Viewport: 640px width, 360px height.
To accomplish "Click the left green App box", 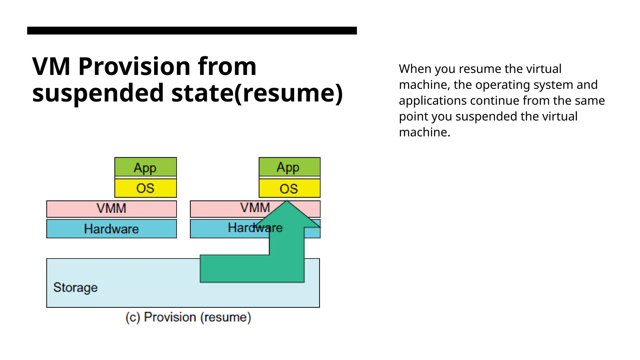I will click(x=146, y=167).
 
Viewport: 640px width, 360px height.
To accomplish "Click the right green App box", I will click(x=289, y=167).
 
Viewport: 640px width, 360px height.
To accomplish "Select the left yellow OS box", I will click(x=146, y=188).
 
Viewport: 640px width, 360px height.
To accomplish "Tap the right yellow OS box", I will click(x=289, y=188).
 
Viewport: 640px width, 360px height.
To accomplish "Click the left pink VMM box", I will click(x=112, y=209).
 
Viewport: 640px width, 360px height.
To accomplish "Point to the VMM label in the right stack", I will click(x=255, y=208).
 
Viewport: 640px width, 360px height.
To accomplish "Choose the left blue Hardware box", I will click(x=112, y=229).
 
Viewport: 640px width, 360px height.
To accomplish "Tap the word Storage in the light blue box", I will click(x=75, y=287).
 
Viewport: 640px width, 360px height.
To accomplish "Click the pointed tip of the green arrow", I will click(x=287, y=202).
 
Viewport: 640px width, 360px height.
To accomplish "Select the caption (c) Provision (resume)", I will click(x=188, y=317).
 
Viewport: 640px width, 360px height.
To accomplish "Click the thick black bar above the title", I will click(x=192, y=31).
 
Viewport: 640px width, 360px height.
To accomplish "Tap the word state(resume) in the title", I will click(x=257, y=93).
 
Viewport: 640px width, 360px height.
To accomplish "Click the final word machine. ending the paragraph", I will click(x=424, y=132).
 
